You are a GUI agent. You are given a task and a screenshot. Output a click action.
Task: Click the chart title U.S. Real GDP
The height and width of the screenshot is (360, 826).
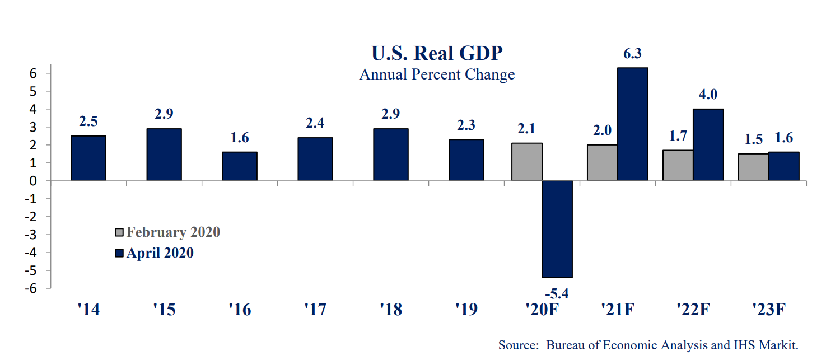coord(437,53)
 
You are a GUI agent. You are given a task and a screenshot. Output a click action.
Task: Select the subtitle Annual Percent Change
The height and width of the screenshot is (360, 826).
coord(437,74)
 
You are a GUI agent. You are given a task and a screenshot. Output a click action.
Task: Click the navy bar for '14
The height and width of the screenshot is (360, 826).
coord(88,158)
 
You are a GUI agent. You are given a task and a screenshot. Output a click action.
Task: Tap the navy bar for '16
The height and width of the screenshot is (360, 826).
coord(240,166)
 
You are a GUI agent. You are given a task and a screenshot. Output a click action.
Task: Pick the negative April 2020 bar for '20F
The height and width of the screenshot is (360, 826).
coord(557,229)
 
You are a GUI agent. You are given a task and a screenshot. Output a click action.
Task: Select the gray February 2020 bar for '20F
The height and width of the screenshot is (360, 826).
coord(527,162)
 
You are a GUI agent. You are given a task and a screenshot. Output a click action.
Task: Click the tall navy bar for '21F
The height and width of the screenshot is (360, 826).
coord(633,124)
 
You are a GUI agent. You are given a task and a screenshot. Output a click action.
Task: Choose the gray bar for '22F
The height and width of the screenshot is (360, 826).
coord(678,165)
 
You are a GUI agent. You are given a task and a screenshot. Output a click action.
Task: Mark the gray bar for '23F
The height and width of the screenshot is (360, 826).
coord(753,167)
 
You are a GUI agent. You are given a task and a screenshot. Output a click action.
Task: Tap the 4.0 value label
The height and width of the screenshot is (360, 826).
coord(708,94)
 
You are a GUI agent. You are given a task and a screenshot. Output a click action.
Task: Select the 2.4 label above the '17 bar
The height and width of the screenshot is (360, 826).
coord(315,123)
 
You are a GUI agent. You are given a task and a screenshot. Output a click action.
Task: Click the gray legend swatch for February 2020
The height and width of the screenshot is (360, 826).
coord(119,232)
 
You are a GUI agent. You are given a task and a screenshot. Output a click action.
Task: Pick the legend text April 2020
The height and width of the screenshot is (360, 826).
coord(160,253)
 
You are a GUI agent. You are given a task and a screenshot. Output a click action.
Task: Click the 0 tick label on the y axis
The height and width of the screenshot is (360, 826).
coord(33,181)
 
